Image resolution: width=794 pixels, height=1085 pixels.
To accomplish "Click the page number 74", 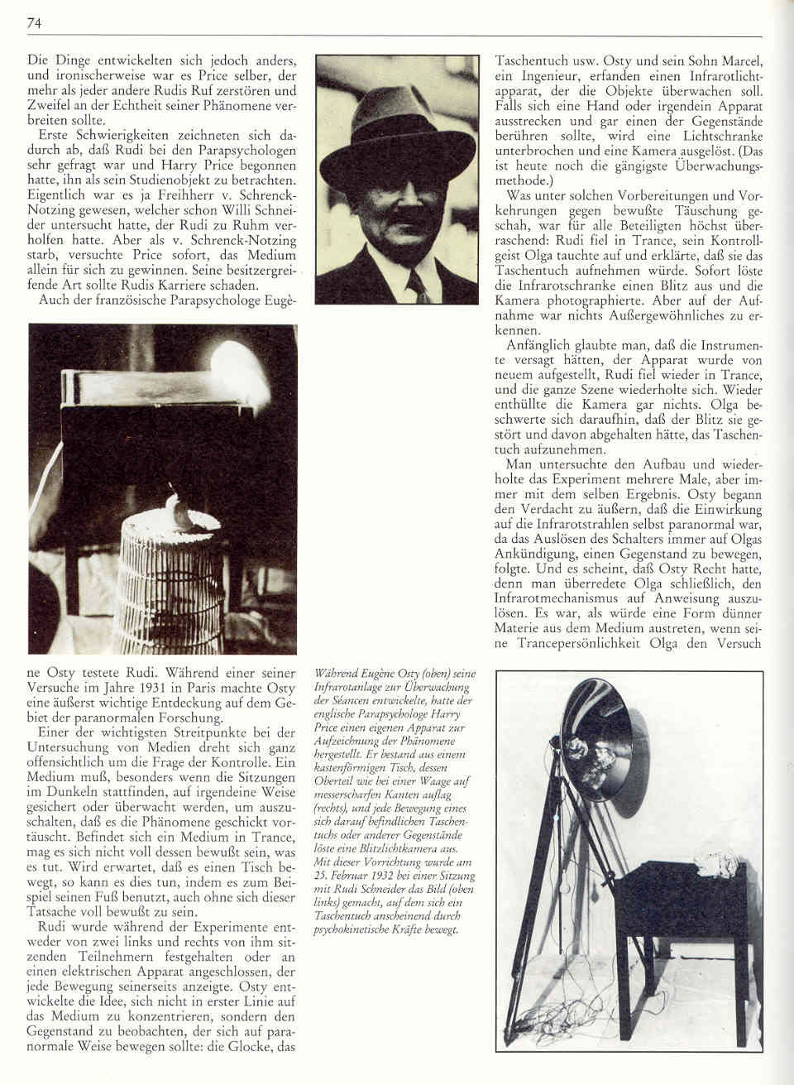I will coord(34,23).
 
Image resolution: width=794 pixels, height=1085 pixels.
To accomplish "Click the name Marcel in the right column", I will coord(741,61).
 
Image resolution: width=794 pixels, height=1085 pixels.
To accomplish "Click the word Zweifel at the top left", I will coord(54,106).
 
